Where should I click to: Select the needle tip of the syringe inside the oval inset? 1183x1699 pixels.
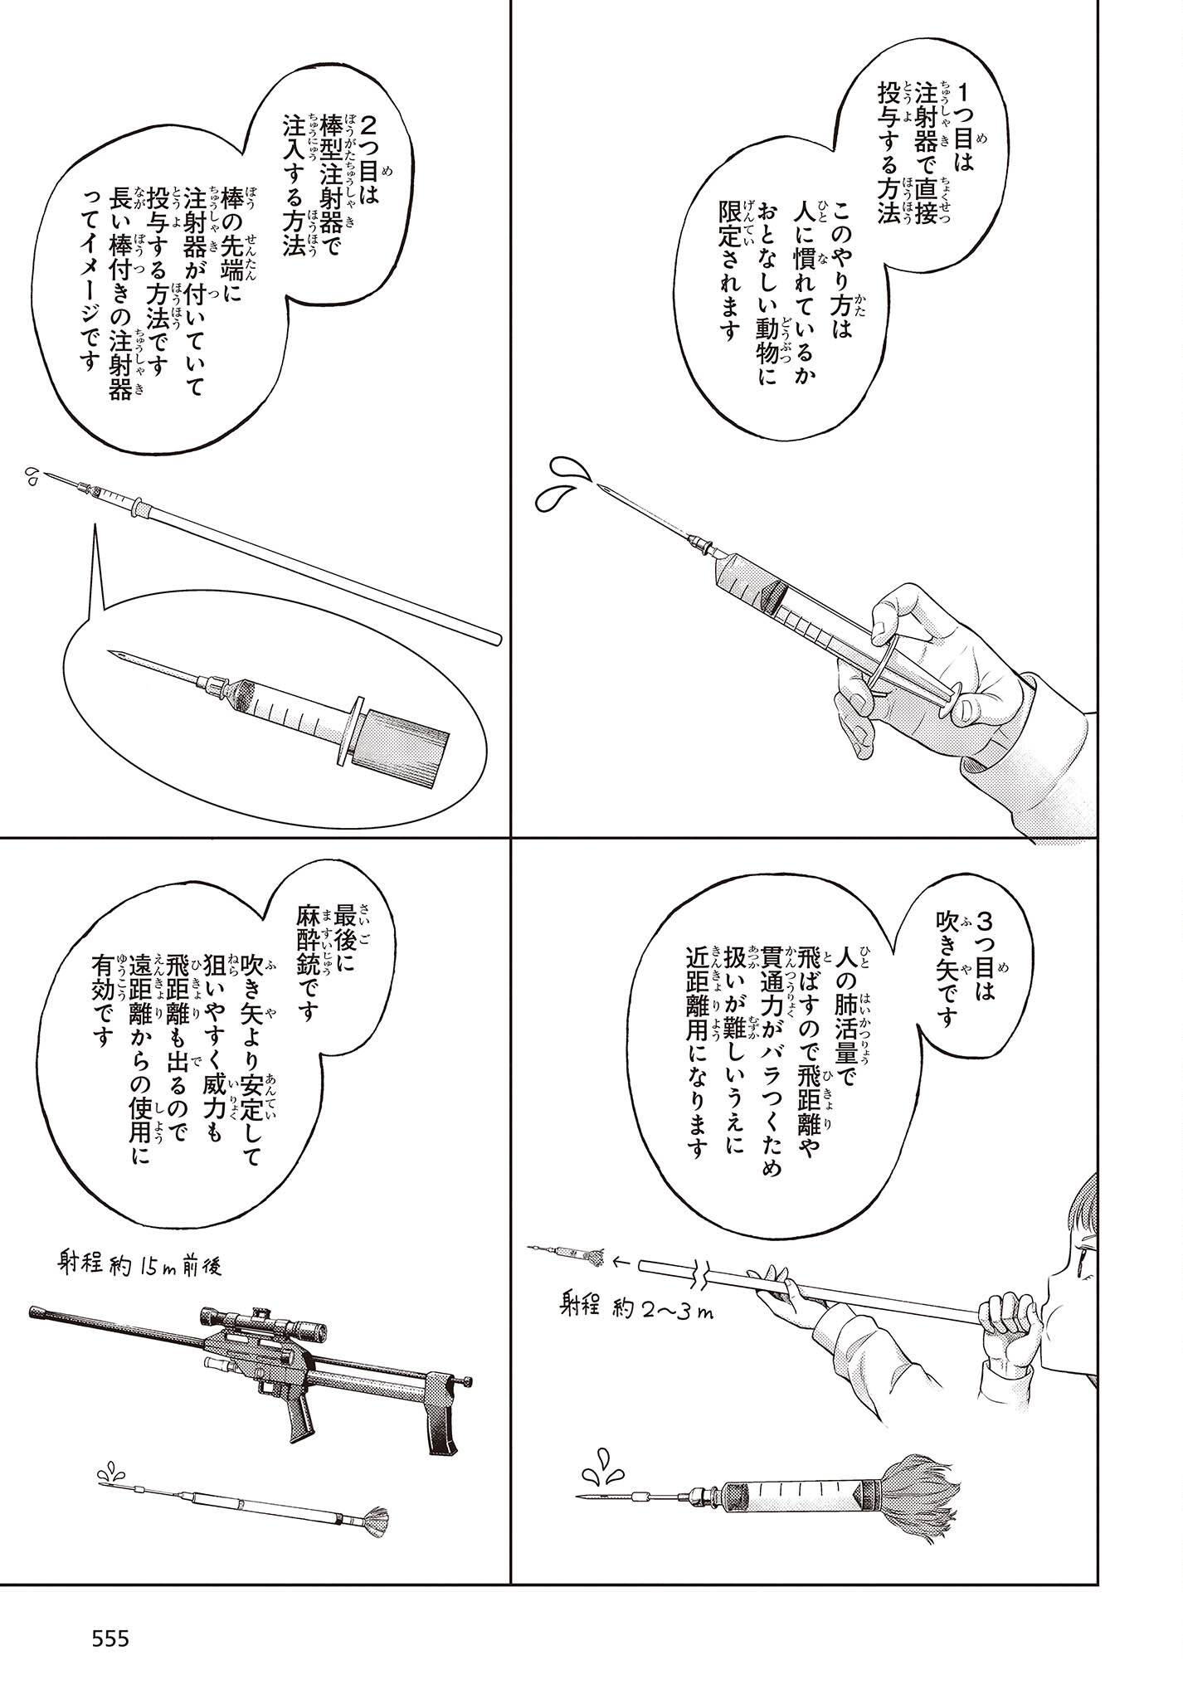coord(113,654)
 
